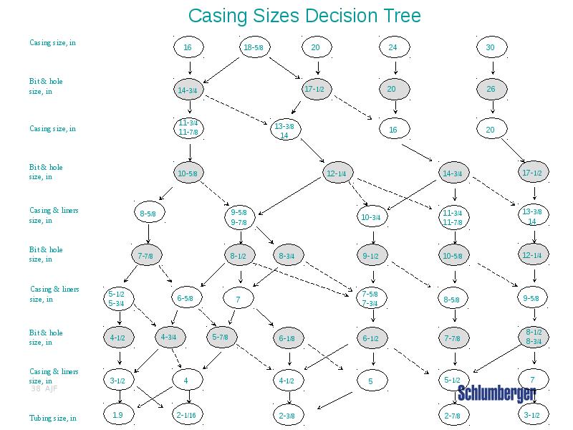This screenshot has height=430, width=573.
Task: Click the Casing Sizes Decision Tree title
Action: point(304,16)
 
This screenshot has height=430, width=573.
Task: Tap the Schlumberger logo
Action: point(496,393)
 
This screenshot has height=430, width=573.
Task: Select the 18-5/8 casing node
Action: point(254,48)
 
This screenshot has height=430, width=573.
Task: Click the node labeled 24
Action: point(393,48)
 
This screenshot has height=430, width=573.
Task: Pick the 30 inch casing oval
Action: point(491,48)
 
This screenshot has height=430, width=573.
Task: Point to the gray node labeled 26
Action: point(491,89)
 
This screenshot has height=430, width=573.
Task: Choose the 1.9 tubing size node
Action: point(118,414)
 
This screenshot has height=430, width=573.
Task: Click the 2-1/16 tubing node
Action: point(186,414)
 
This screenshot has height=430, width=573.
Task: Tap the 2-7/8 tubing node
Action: point(452,415)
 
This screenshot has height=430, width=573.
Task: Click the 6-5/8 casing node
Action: point(185,298)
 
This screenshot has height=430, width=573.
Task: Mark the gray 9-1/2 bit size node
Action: point(370,255)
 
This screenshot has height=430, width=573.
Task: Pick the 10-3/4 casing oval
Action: point(370,216)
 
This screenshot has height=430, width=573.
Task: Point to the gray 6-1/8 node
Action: point(286,338)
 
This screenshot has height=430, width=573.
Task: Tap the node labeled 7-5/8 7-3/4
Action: point(370,299)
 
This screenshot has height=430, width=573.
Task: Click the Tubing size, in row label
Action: point(52,418)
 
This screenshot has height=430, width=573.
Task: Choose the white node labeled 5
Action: point(370,381)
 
